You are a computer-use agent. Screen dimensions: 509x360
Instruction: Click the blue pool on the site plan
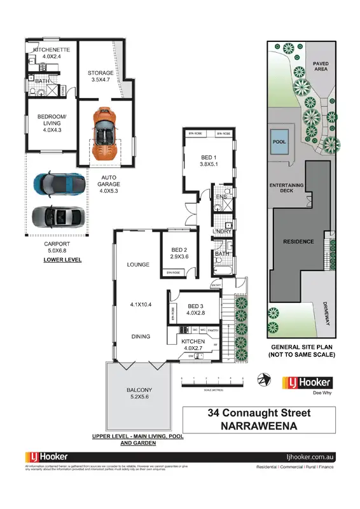[x=279, y=142]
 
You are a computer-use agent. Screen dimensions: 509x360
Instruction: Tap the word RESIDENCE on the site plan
[x=298, y=242]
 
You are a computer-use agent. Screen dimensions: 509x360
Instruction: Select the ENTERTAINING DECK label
[x=286, y=188]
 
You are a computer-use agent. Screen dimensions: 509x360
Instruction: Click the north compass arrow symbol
[x=262, y=380]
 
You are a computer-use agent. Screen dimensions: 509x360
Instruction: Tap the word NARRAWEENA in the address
[x=260, y=427]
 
